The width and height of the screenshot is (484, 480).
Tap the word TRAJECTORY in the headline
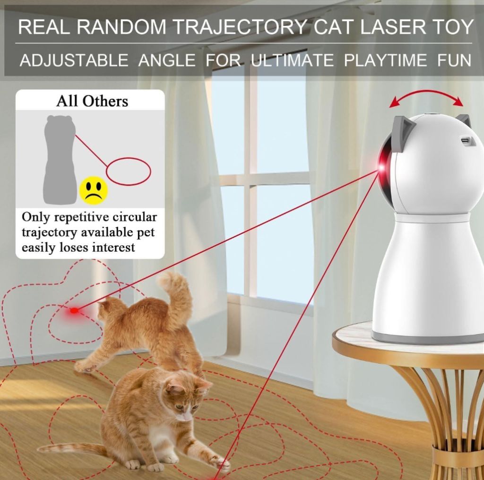tap(240, 27)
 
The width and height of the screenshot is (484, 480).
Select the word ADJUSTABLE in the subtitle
tap(74, 60)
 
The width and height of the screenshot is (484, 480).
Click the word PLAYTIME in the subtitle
tap(385, 60)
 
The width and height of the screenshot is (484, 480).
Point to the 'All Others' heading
tap(92, 101)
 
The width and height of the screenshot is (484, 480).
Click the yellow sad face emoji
tap(94, 190)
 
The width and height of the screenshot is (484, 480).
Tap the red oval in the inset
tap(129, 171)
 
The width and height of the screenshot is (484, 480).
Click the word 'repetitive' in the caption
tap(81, 217)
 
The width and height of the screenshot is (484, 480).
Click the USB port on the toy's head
tap(465, 141)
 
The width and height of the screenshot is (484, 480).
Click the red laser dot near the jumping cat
tap(74, 310)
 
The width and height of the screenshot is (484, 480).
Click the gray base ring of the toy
tap(428, 338)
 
